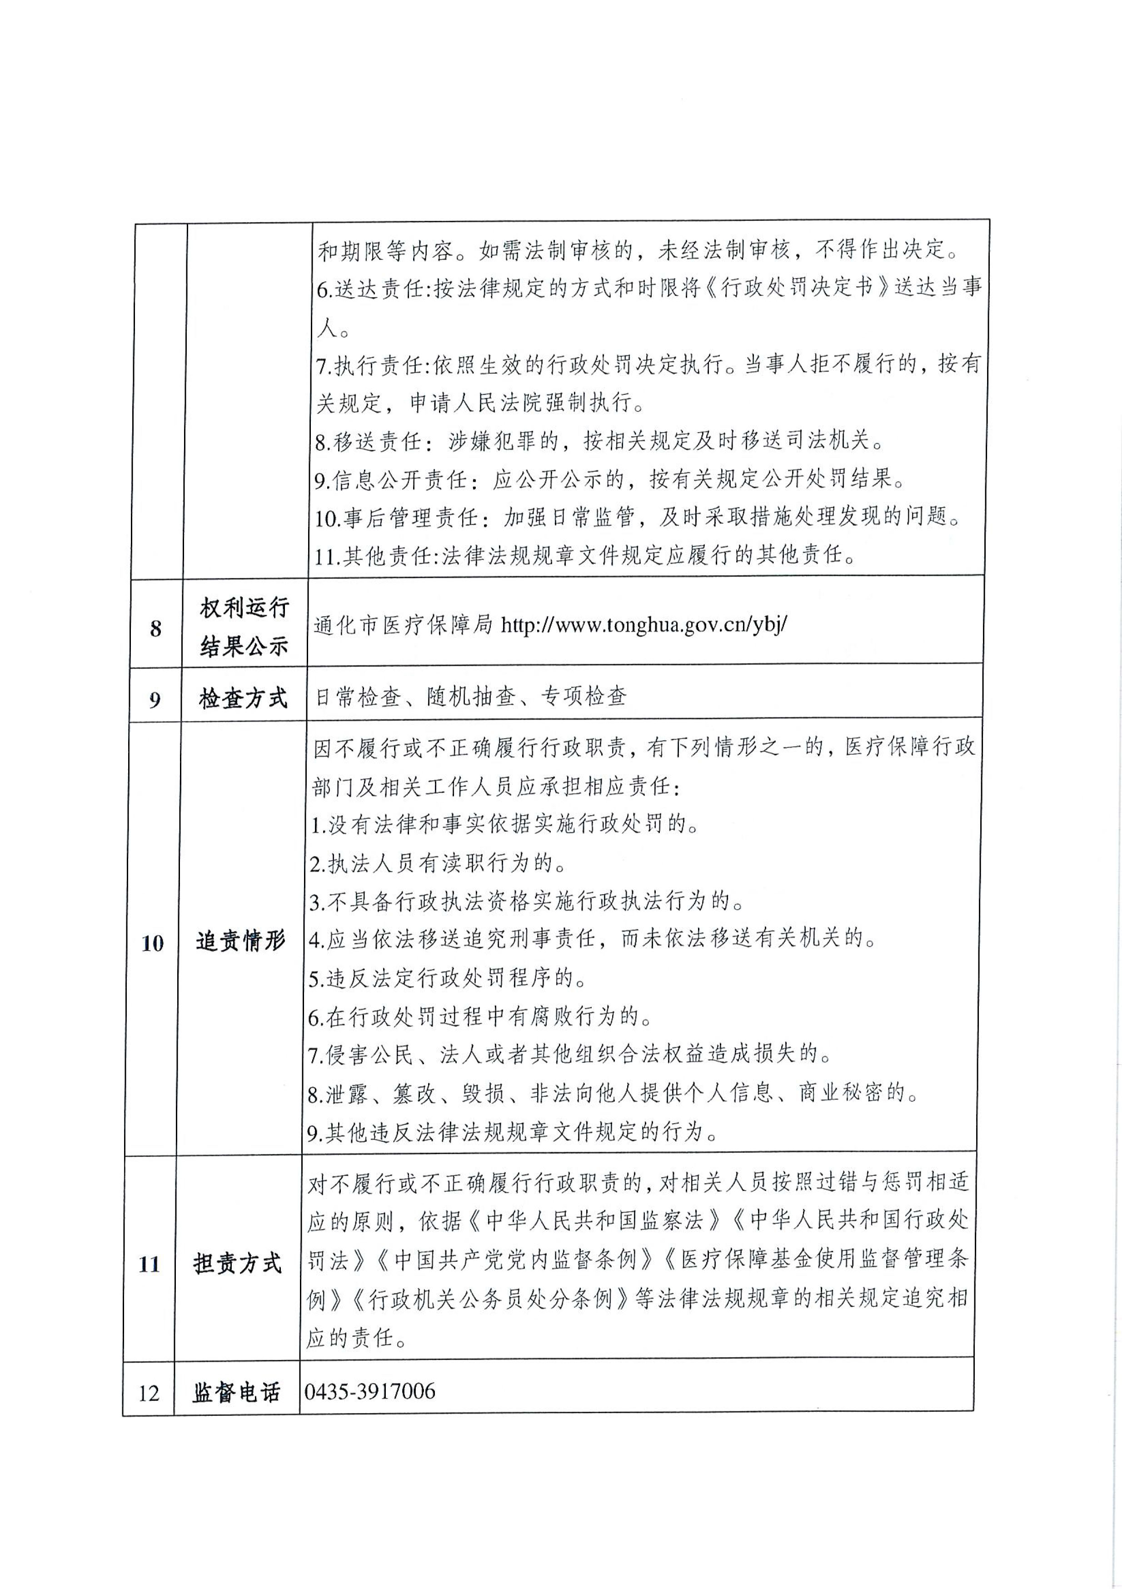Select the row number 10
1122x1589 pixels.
click(152, 942)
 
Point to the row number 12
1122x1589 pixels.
click(149, 1392)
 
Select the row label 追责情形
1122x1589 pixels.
click(240, 941)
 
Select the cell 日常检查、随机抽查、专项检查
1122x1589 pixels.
click(471, 696)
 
